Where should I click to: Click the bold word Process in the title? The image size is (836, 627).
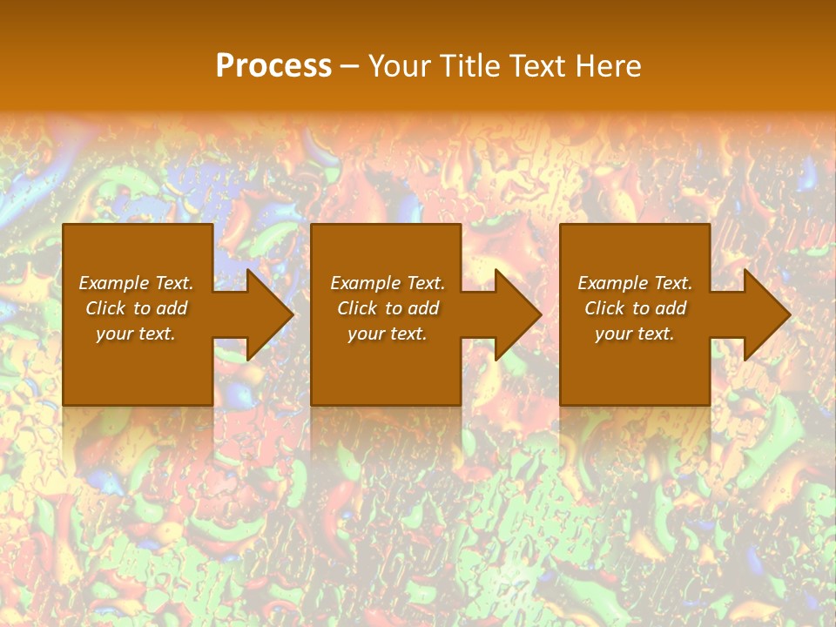point(273,66)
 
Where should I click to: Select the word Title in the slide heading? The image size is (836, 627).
point(472,66)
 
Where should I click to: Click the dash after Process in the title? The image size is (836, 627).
point(350,66)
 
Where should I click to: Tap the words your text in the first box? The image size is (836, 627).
point(136,334)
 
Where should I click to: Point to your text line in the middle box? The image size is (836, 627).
point(387,334)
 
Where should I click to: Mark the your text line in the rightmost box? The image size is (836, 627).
point(634,334)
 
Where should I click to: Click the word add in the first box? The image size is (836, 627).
point(172,308)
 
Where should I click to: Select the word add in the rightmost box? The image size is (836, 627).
point(671,308)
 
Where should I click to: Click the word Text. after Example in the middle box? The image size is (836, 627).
point(424,283)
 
